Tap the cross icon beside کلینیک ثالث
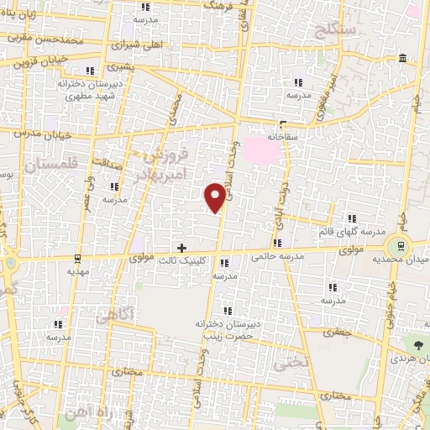[x=181, y=247]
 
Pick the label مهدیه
[x=77, y=272]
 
